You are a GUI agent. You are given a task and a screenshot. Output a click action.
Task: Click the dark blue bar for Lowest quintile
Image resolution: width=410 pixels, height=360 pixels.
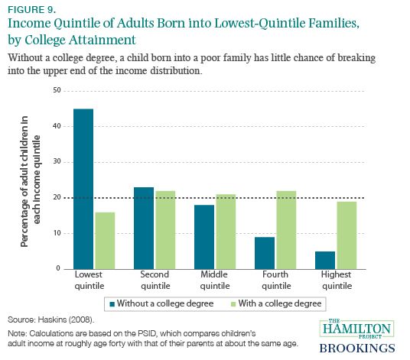83,189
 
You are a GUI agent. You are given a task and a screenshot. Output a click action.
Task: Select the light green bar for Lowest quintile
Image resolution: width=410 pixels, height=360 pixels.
105,241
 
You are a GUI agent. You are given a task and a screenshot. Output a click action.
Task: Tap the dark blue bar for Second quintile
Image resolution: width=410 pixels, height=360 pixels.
144,228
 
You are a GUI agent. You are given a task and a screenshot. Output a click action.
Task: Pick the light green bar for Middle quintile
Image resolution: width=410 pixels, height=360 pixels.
226,232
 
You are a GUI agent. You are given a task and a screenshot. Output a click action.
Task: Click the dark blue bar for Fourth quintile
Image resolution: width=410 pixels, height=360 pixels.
265,253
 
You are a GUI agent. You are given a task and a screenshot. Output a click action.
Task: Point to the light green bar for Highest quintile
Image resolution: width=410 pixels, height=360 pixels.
347,235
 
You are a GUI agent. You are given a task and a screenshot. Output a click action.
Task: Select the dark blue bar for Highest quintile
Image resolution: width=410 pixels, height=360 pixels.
325,260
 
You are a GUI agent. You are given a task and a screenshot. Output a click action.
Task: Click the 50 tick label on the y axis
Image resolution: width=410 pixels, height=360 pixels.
57,90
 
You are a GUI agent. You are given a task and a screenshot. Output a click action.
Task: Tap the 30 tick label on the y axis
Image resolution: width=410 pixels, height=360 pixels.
57,162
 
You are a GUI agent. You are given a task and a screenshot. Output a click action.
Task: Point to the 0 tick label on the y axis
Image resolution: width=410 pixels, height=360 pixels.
58,268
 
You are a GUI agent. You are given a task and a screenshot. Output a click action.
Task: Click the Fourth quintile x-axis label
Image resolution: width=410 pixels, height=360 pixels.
276,280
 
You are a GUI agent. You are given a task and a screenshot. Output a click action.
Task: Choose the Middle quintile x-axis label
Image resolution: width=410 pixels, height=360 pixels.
215,280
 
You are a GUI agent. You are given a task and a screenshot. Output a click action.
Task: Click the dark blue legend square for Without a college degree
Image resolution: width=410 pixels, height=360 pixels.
112,304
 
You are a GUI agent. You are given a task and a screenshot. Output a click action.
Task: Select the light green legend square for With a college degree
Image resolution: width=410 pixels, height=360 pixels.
233,304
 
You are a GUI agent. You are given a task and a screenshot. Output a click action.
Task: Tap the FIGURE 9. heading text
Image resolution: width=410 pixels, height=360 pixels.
32,10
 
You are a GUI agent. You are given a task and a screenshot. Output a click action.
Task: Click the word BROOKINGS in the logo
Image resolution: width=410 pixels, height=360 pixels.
357,349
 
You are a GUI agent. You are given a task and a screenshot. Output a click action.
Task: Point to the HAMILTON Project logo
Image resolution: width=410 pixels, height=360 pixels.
356,329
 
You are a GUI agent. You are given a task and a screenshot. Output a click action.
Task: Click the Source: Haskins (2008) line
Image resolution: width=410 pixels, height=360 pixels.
51,319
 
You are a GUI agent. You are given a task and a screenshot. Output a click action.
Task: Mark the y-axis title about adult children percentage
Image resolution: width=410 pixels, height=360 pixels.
31,181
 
